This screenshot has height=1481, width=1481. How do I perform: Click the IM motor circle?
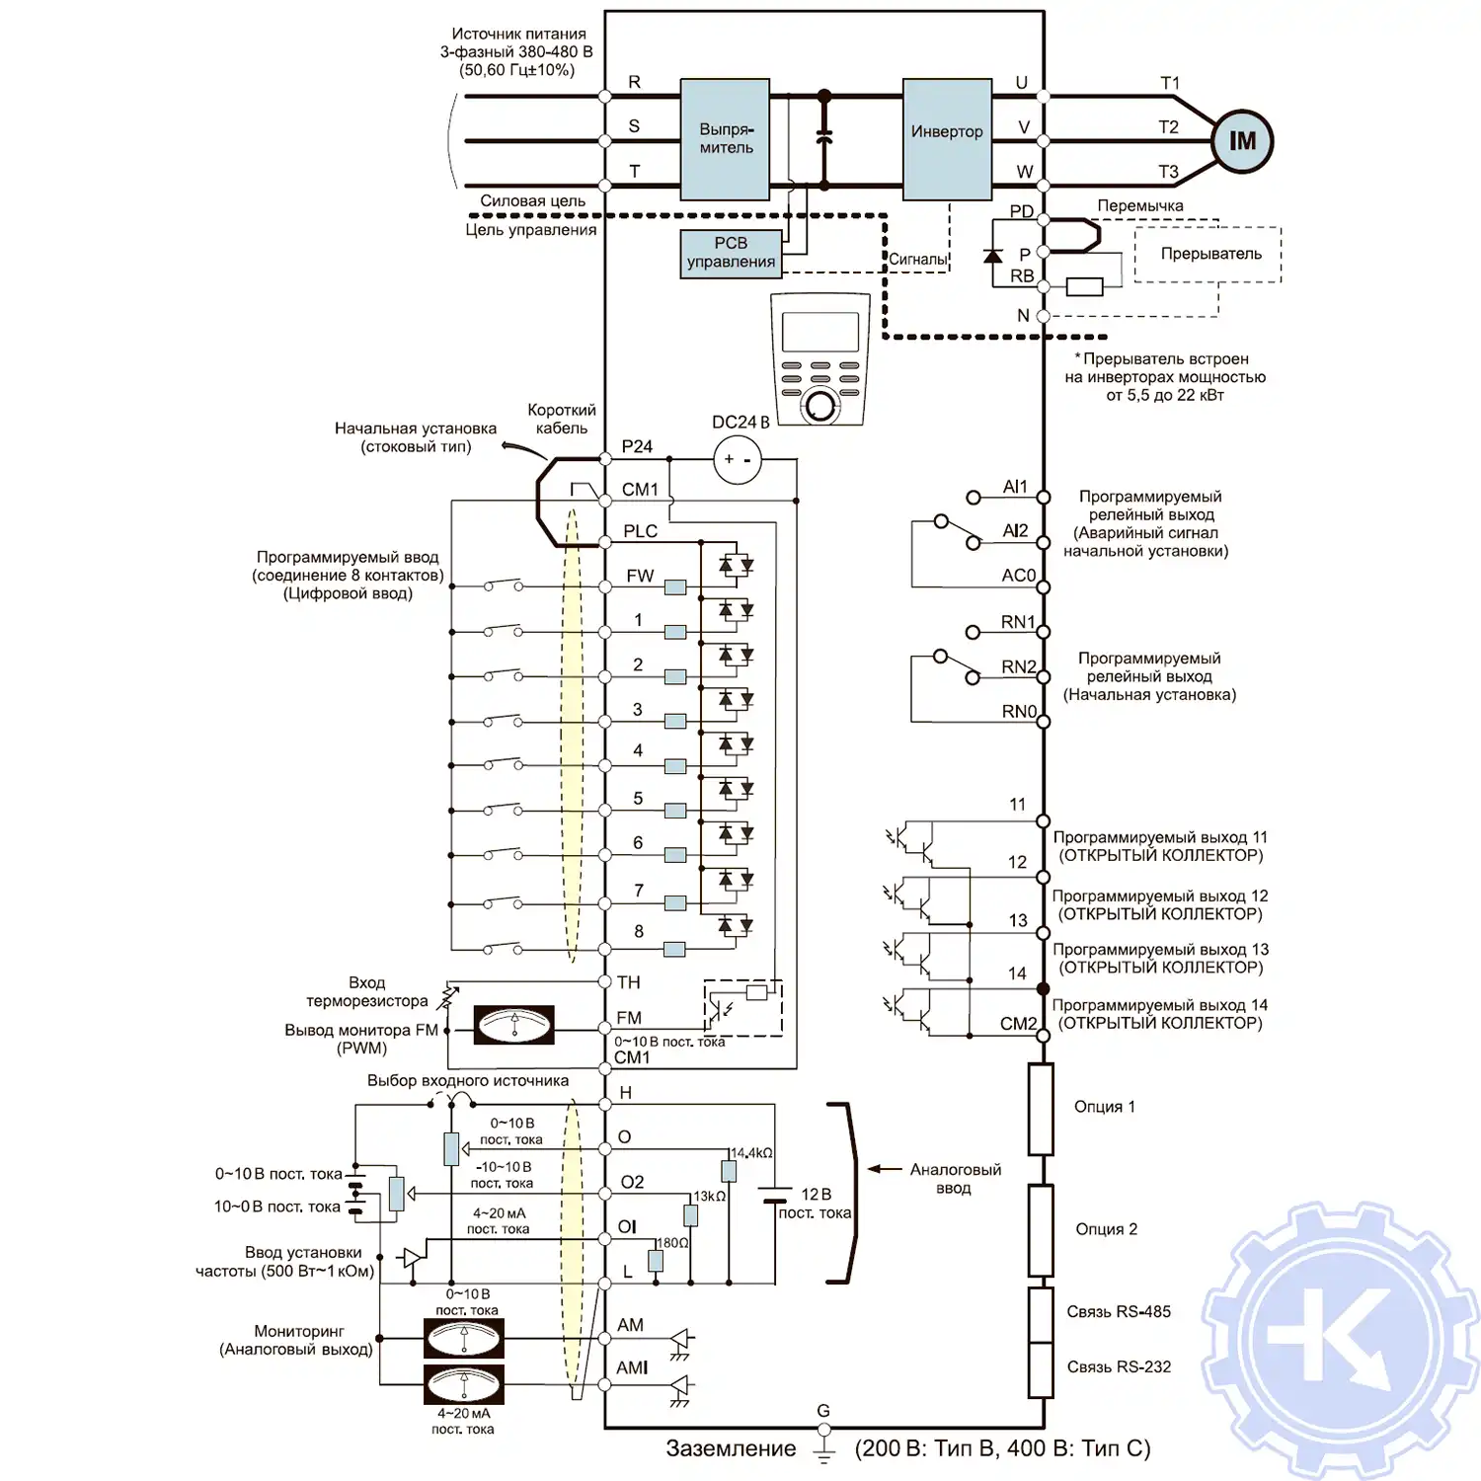(1242, 142)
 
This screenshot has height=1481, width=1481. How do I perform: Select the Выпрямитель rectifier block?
(726, 139)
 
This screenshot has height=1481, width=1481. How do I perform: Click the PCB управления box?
(731, 253)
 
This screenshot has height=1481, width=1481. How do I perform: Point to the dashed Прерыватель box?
(1208, 255)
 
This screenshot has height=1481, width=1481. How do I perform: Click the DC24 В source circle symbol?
(738, 460)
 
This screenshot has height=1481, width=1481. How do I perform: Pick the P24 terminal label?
(637, 447)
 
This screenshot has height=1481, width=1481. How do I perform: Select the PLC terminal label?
(640, 531)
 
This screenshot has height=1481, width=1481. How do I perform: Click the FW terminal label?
(640, 576)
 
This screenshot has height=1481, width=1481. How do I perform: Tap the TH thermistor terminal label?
(629, 982)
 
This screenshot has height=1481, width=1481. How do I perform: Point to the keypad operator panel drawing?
(819, 360)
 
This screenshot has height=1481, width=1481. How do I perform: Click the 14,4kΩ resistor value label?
(751, 1153)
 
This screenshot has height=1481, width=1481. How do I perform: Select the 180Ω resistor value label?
(671, 1243)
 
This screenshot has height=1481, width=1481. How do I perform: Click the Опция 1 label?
(1104, 1107)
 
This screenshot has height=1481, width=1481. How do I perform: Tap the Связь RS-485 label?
(1119, 1312)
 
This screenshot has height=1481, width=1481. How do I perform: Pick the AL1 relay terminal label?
(1015, 487)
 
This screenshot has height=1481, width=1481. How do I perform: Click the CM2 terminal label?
(1018, 1024)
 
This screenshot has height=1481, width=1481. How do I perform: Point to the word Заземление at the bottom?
(731, 1448)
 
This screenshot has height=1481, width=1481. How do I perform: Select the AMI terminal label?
(632, 1367)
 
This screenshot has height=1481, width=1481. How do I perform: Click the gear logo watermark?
(1339, 1340)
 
